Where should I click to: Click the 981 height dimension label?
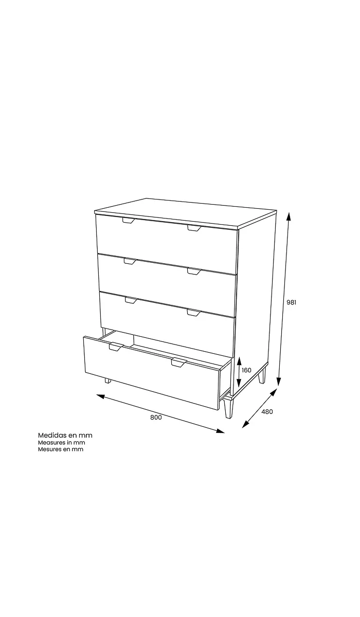292,302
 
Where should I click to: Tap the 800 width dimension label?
156,418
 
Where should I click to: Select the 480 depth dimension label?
267,412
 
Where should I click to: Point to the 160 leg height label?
246,370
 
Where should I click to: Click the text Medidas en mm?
65,435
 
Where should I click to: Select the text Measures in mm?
61,443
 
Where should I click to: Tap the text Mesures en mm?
61,449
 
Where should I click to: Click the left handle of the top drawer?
129,221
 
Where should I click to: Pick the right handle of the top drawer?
194,228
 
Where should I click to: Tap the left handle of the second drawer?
130,261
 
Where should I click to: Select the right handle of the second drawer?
194,271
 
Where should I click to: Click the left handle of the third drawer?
131,300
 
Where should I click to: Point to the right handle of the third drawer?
194,313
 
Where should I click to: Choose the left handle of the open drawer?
116,347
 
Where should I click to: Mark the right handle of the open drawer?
179,363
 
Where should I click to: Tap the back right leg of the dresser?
262,375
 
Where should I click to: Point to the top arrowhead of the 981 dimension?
289,217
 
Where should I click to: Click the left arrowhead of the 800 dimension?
101,396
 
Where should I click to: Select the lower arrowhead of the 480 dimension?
246,425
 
